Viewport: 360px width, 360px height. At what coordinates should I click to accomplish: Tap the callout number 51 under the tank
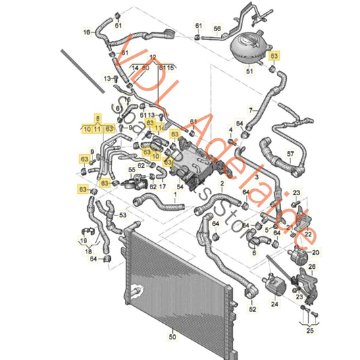point(249,70)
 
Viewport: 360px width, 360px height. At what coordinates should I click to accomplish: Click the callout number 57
point(290,154)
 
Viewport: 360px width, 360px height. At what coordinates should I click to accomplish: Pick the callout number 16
point(86,32)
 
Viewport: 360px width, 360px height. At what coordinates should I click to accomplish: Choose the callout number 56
point(217,28)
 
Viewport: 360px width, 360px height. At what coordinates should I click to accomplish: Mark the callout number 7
point(251,109)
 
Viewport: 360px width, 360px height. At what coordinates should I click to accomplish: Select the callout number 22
point(309,234)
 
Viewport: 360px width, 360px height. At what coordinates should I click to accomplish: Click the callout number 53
point(123,215)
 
